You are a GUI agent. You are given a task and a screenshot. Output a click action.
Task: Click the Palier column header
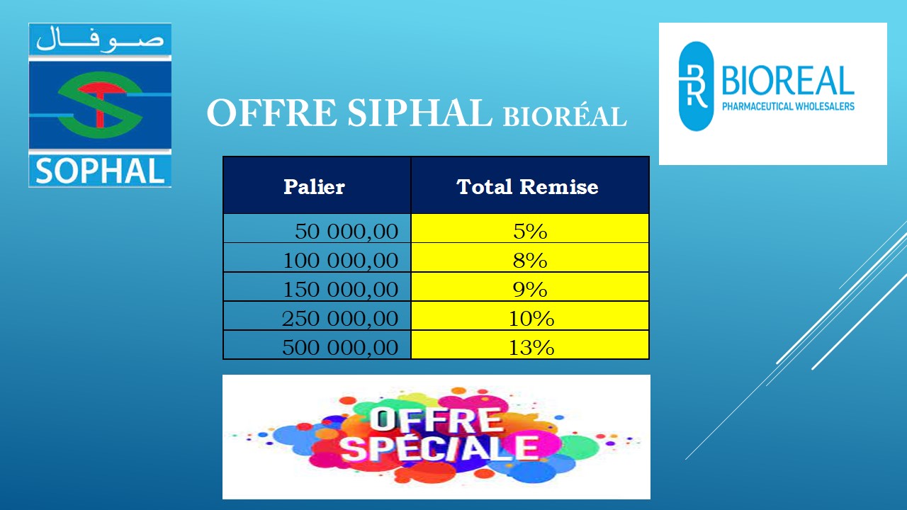coord(317,186)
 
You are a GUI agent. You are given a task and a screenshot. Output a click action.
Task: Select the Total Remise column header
coord(530,186)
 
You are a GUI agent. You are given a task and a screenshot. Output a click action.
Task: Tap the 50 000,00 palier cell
coord(317,229)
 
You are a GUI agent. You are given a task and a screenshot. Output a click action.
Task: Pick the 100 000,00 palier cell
coord(317,257)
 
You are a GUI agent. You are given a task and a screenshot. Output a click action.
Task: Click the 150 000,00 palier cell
coord(317,287)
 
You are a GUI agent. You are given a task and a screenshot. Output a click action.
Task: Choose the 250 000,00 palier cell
coord(317,316)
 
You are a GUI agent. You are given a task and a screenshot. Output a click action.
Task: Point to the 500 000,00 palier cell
coord(317,345)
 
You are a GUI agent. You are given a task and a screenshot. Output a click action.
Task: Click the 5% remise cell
coord(530,229)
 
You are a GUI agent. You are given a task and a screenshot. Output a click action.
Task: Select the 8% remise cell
coord(530,257)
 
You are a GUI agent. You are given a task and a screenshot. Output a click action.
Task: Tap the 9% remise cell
coord(530,287)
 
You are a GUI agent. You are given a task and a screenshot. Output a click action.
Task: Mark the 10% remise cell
coord(530,316)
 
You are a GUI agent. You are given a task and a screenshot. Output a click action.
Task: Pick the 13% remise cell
coord(530,345)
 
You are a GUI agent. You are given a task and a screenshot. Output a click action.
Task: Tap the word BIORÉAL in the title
coord(565,117)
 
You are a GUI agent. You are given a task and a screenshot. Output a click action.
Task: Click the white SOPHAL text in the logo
coord(100,171)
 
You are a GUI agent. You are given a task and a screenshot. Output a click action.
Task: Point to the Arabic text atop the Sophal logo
coord(100,39)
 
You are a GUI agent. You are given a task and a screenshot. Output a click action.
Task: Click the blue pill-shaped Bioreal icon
coord(696,86)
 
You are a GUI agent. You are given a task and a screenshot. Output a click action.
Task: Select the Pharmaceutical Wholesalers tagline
coord(788,106)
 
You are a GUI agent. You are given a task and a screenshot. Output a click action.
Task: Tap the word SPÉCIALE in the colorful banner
coord(439,448)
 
